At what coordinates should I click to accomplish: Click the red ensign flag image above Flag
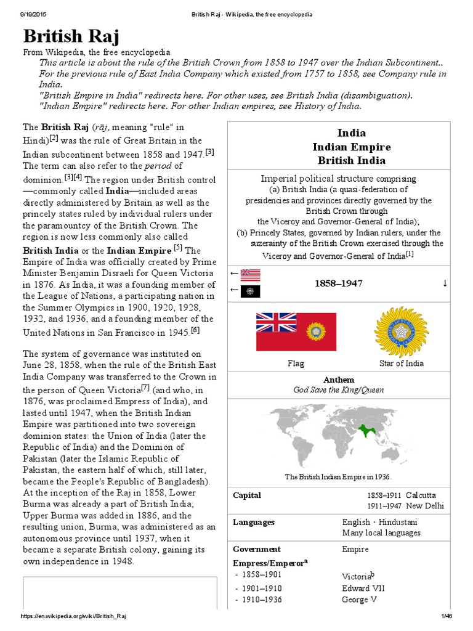(x=296, y=332)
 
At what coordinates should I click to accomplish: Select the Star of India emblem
(x=401, y=332)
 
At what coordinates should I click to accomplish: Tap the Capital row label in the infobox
(x=247, y=495)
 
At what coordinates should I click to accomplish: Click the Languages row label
(x=254, y=522)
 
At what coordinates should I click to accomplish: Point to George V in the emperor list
(x=359, y=600)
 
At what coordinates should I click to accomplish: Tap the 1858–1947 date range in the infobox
(x=338, y=283)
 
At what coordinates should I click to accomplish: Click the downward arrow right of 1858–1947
(x=444, y=283)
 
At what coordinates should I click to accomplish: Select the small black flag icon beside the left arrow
(x=251, y=291)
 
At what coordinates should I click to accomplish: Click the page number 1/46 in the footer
(x=447, y=616)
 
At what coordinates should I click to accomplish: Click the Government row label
(x=257, y=549)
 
